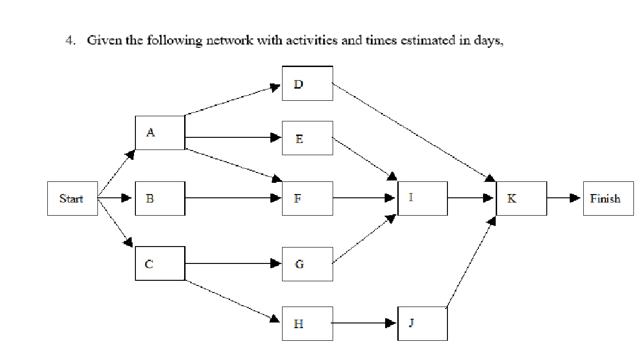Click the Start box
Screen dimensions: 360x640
coord(72,198)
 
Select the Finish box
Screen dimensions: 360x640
coord(608,198)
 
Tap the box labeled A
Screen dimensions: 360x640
coord(160,133)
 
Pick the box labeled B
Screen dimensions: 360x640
coord(160,198)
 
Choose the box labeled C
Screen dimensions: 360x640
coord(160,264)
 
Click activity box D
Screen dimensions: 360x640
coord(307,83)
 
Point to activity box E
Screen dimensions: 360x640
coord(307,138)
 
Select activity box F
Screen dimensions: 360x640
coord(307,198)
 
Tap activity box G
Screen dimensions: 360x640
coord(307,264)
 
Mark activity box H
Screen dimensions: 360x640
coord(307,323)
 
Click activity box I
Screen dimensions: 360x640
coord(422,198)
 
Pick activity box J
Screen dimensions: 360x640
coord(422,323)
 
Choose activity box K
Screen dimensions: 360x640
coord(521,198)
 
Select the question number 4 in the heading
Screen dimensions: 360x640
coord(69,41)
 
